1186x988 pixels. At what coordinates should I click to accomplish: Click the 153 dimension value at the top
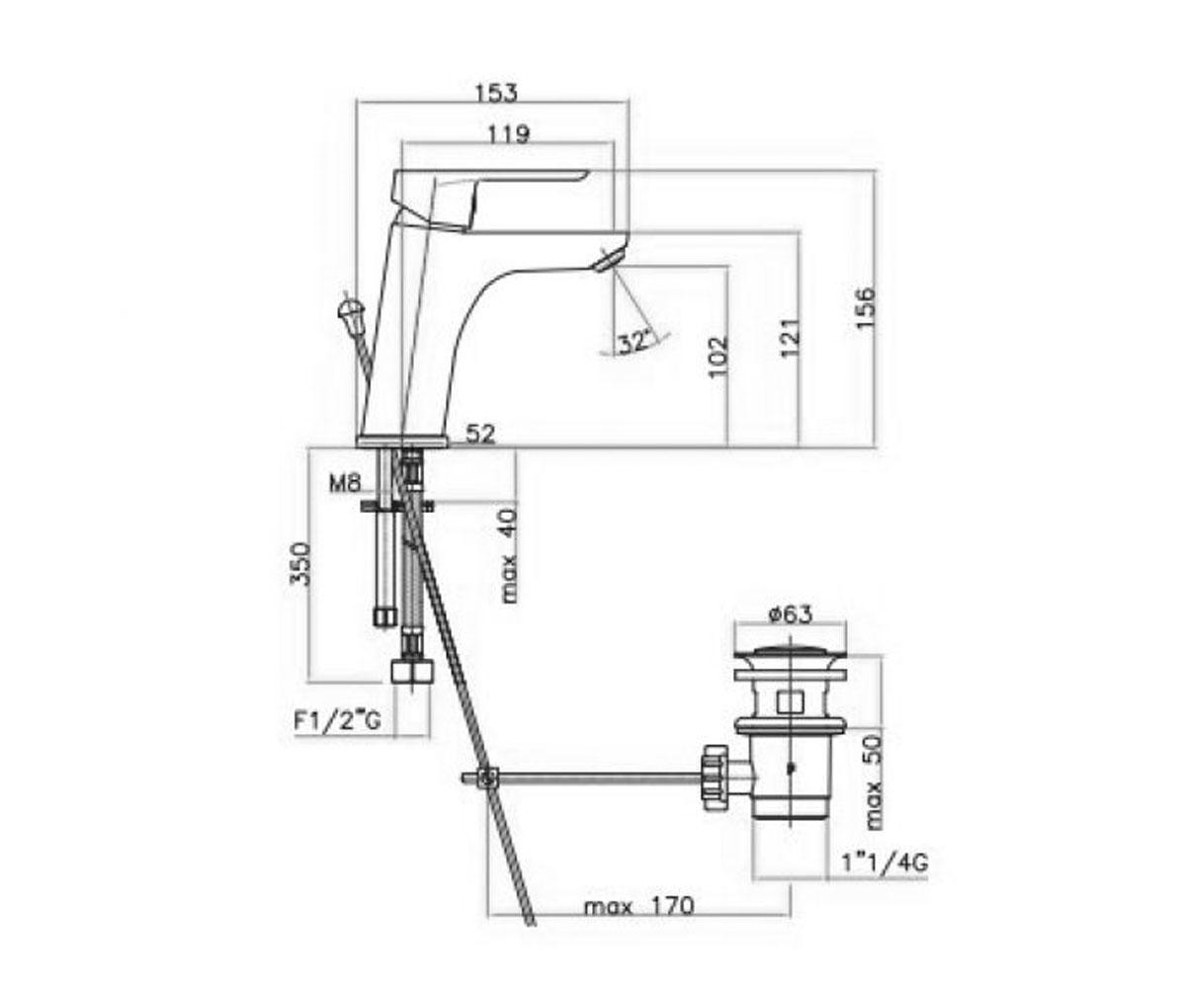point(496,93)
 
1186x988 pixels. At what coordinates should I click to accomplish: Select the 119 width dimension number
point(509,134)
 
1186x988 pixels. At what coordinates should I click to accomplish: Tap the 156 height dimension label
point(865,308)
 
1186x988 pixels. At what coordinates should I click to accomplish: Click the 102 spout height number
point(718,357)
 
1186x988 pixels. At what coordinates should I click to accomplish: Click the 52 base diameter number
point(480,435)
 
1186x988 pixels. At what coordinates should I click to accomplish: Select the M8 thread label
point(345,483)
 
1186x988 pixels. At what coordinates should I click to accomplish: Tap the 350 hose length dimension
point(299,564)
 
